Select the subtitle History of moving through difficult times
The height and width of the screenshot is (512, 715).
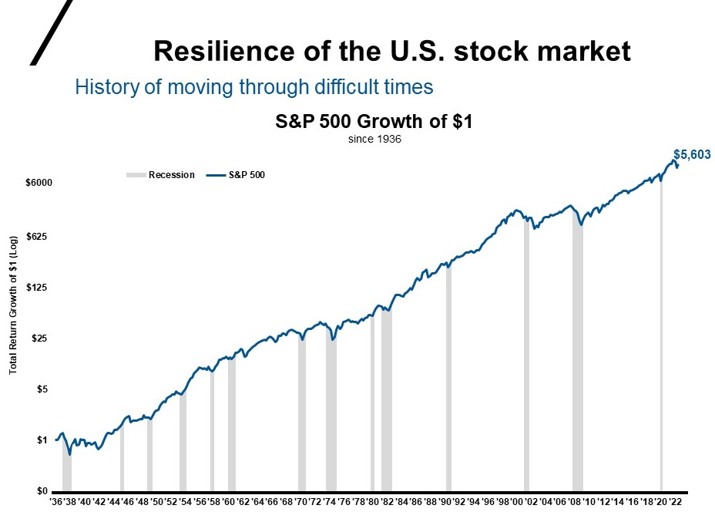pyautogui.click(x=254, y=86)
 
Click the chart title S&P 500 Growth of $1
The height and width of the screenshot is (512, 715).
pyautogui.click(x=374, y=122)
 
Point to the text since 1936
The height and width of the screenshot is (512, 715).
pyautogui.click(x=374, y=140)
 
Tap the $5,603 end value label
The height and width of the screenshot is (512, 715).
pyautogui.click(x=691, y=155)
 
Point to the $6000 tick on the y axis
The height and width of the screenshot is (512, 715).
pyautogui.click(x=39, y=184)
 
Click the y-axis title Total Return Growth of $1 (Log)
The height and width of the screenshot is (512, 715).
pyautogui.click(x=13, y=306)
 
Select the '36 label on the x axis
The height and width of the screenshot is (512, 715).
pyautogui.click(x=57, y=501)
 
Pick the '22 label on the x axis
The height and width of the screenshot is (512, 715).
pyautogui.click(x=675, y=501)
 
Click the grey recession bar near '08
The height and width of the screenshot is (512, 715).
pyautogui.click(x=577, y=355)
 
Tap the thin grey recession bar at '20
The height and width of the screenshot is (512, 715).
pyautogui.click(x=661, y=339)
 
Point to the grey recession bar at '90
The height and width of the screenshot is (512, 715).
pyautogui.click(x=448, y=378)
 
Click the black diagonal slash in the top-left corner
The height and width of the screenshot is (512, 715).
pyautogui.click(x=52, y=31)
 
